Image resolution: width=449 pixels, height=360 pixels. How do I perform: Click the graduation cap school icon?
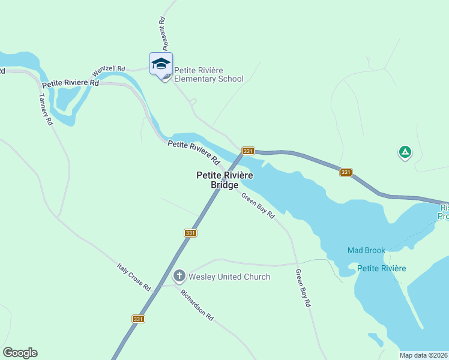tap(161, 64)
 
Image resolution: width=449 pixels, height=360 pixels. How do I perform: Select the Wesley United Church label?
tap(229, 277)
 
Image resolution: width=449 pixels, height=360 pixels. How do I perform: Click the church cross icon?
tap(179, 276)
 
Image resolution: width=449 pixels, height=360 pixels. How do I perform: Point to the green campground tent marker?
tap(405, 152)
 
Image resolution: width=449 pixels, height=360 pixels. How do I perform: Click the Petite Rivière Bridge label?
tap(224, 180)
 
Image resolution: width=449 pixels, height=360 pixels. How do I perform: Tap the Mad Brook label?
tap(366, 250)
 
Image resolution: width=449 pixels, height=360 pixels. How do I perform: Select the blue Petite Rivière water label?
tap(381, 268)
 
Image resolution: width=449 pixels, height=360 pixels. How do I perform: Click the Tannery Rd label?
tap(46, 109)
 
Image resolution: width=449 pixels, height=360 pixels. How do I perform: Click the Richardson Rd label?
tap(197, 306)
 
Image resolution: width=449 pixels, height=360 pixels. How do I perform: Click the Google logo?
tap(20, 353)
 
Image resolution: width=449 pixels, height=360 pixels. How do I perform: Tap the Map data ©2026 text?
tap(423, 355)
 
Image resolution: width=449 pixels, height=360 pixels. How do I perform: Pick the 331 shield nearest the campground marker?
tap(345, 172)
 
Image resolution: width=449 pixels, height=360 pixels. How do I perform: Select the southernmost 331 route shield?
tap(138, 319)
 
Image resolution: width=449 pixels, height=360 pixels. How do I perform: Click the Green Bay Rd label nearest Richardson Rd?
tap(303, 289)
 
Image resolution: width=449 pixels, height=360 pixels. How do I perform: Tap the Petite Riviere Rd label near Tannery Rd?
tap(70, 82)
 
